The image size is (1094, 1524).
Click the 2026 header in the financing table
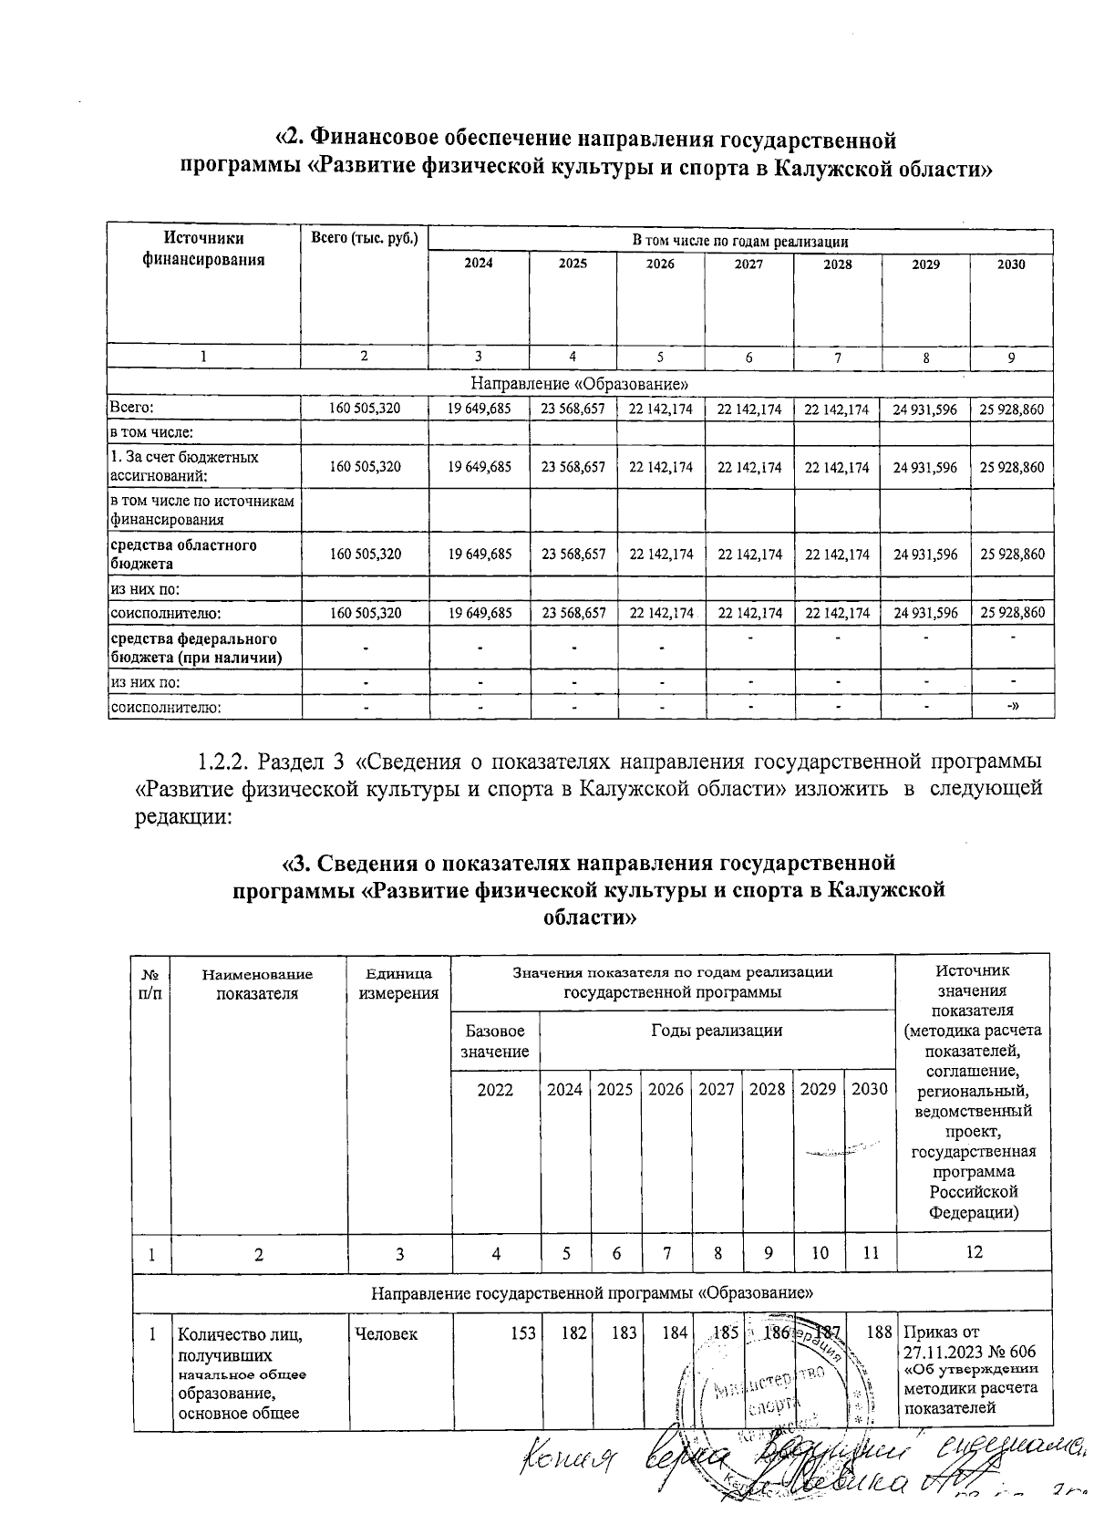click(660, 264)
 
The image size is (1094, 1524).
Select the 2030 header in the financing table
click(1011, 264)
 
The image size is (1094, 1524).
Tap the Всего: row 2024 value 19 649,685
click(480, 410)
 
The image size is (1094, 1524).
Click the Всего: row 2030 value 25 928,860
click(1011, 410)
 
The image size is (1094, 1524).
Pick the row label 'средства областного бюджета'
click(183, 554)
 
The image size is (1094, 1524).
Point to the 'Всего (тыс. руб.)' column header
click(364, 239)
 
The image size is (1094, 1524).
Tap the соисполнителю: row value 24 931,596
click(925, 613)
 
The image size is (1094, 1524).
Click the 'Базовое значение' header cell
click(495, 1041)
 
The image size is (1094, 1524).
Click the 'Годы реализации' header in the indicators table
click(717, 1031)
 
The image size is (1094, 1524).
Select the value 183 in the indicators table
click(624, 1333)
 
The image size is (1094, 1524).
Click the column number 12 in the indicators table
click(974, 1252)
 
